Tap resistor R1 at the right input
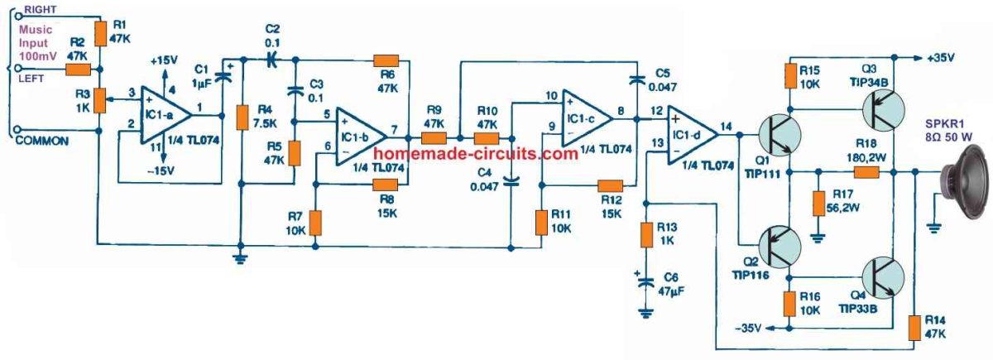[x=100, y=34]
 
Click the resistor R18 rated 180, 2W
[x=866, y=172]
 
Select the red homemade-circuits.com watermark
[x=475, y=154]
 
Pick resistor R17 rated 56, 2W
[x=818, y=204]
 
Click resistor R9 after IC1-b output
[x=434, y=139]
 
